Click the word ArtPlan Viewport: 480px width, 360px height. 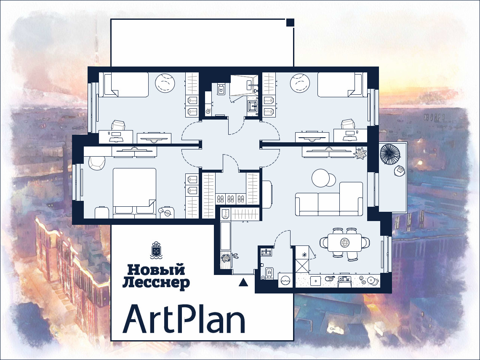(184, 319)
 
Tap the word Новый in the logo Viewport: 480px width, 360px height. (157, 270)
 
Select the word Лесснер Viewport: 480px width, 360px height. (156, 283)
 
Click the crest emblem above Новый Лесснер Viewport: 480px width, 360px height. (157, 250)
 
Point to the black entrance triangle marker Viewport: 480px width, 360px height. (243, 282)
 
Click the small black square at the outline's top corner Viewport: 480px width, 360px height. (290, 22)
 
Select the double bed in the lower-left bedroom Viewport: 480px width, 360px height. (134, 193)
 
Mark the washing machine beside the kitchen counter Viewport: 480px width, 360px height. (285, 280)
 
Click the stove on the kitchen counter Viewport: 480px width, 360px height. (345, 280)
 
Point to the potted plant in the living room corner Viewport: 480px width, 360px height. (360, 153)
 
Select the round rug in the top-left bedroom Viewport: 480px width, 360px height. (165, 83)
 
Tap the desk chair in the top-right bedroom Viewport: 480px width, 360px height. (347, 125)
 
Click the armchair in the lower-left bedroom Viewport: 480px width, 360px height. (97, 163)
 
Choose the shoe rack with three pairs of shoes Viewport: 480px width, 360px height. (230, 199)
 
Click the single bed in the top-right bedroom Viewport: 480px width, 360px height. (340, 85)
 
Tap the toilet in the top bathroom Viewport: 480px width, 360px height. (221, 89)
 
